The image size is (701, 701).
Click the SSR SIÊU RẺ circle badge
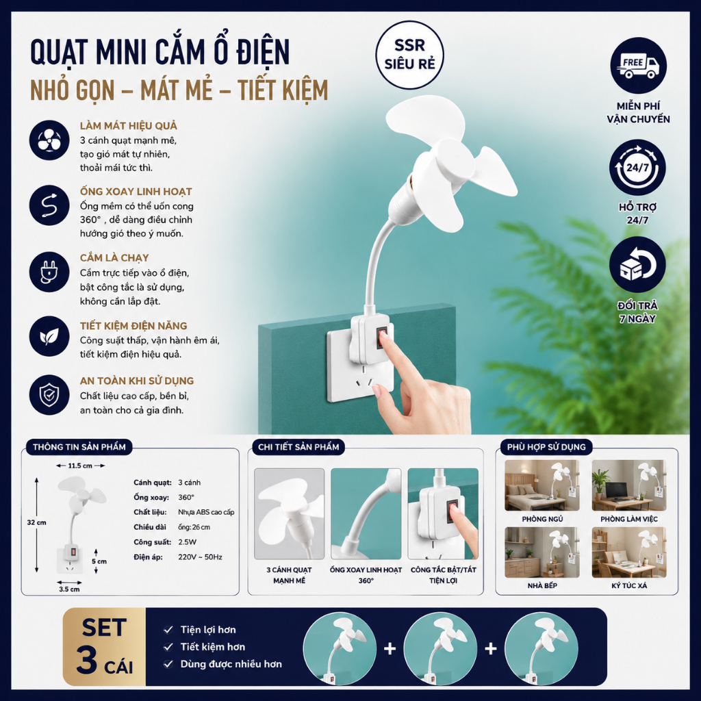point(409,55)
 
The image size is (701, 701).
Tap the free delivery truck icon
point(638,65)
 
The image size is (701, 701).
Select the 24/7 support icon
point(637,168)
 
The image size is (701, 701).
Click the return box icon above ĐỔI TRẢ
point(637,265)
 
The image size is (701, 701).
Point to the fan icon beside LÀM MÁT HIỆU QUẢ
point(49,140)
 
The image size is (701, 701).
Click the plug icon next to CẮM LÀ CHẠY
point(49,272)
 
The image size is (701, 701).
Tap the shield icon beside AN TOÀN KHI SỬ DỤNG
point(49,395)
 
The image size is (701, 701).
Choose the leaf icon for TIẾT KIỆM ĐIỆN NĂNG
point(49,336)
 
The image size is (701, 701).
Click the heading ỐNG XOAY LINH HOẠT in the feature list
point(136,192)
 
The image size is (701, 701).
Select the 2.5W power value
point(187,542)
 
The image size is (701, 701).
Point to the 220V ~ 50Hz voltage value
point(200,557)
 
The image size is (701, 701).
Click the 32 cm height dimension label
point(36,522)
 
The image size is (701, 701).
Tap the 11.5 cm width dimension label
point(80,466)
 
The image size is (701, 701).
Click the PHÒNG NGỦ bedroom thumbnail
point(542,485)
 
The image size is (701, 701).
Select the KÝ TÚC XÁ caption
point(629,586)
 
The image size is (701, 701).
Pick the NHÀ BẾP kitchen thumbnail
point(542,552)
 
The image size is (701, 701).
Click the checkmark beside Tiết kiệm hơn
point(168,647)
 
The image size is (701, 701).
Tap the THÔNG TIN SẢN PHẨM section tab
point(79,446)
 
